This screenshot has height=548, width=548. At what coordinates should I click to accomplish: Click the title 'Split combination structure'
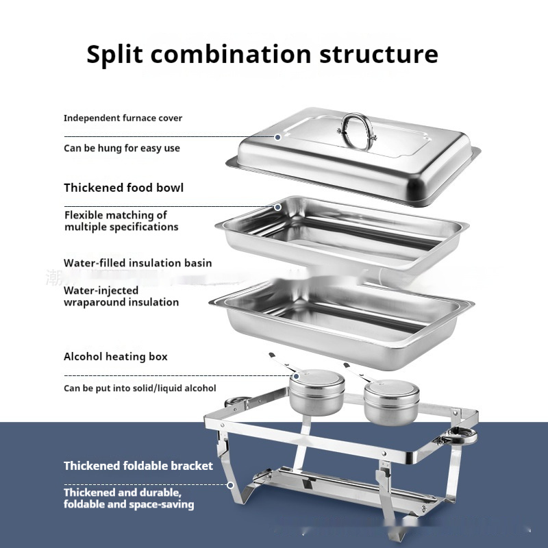coord(262,54)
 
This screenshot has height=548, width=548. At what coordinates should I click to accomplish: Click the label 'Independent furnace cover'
coord(123,118)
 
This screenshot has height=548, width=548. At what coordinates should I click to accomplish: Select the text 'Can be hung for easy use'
coord(122,148)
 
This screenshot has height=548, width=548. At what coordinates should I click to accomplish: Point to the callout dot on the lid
coord(278,138)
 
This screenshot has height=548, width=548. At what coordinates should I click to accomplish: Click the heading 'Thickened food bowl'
coord(123,188)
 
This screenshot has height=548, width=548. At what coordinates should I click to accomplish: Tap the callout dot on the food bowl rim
coord(278,208)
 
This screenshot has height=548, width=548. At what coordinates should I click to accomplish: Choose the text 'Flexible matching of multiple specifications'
coord(121,221)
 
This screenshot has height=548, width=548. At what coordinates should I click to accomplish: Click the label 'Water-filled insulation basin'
coord(138,263)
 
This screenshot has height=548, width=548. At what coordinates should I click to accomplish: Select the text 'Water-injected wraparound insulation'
coord(121,296)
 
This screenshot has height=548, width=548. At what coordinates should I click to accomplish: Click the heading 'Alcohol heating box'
coord(115,356)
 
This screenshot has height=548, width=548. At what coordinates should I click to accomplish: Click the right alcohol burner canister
coord(391,403)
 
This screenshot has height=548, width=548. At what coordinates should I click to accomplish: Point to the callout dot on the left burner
coord(297,376)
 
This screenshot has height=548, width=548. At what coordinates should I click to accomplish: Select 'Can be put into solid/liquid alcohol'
coord(140,388)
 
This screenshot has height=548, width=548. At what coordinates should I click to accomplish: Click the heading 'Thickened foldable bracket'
coord(138,466)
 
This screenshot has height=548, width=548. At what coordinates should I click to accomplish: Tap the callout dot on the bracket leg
coord(230,485)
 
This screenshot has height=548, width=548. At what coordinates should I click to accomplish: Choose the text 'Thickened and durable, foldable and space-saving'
coord(129,499)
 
